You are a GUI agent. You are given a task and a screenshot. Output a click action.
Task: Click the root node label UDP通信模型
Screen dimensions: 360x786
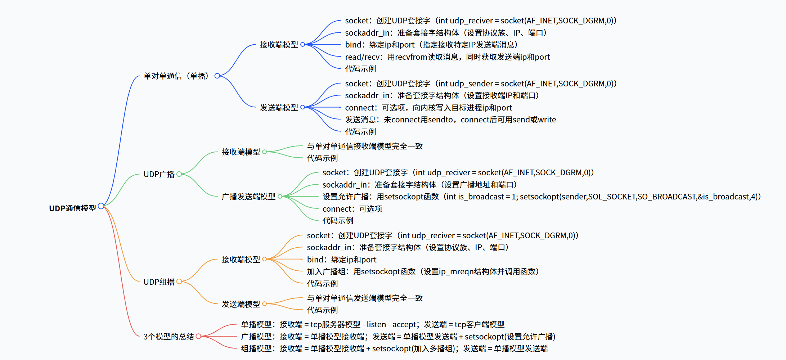point(72,208)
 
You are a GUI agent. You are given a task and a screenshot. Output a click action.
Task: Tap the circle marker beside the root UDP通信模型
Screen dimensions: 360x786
point(101,206)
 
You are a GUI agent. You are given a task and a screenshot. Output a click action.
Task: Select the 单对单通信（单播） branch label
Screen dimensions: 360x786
point(176,76)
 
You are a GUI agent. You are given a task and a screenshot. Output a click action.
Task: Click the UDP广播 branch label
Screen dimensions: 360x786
point(159,174)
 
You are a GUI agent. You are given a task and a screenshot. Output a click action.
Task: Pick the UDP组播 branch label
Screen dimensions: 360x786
point(159,282)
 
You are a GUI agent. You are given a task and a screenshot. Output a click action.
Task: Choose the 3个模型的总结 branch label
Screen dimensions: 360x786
point(169,337)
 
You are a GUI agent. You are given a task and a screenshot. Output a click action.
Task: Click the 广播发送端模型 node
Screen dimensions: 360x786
point(248,197)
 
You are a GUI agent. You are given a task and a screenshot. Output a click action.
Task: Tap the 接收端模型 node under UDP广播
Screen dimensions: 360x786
point(241,152)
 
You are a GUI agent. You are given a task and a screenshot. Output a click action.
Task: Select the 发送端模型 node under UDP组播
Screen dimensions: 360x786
point(241,304)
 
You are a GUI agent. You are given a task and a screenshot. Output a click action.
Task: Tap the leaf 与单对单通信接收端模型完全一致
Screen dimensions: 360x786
point(365,146)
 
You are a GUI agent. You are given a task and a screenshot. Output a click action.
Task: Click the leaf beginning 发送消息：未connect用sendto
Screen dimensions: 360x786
point(450,120)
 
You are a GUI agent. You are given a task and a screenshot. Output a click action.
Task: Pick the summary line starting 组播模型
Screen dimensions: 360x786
point(394,348)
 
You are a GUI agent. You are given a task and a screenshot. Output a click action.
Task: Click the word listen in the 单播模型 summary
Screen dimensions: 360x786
point(376,324)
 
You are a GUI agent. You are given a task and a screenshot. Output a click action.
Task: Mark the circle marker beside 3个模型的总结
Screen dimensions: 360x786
point(198,336)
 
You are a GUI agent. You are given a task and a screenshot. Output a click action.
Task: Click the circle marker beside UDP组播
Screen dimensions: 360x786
point(179,282)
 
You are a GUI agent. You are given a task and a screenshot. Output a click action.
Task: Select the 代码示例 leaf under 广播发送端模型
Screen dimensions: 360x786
point(338,221)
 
